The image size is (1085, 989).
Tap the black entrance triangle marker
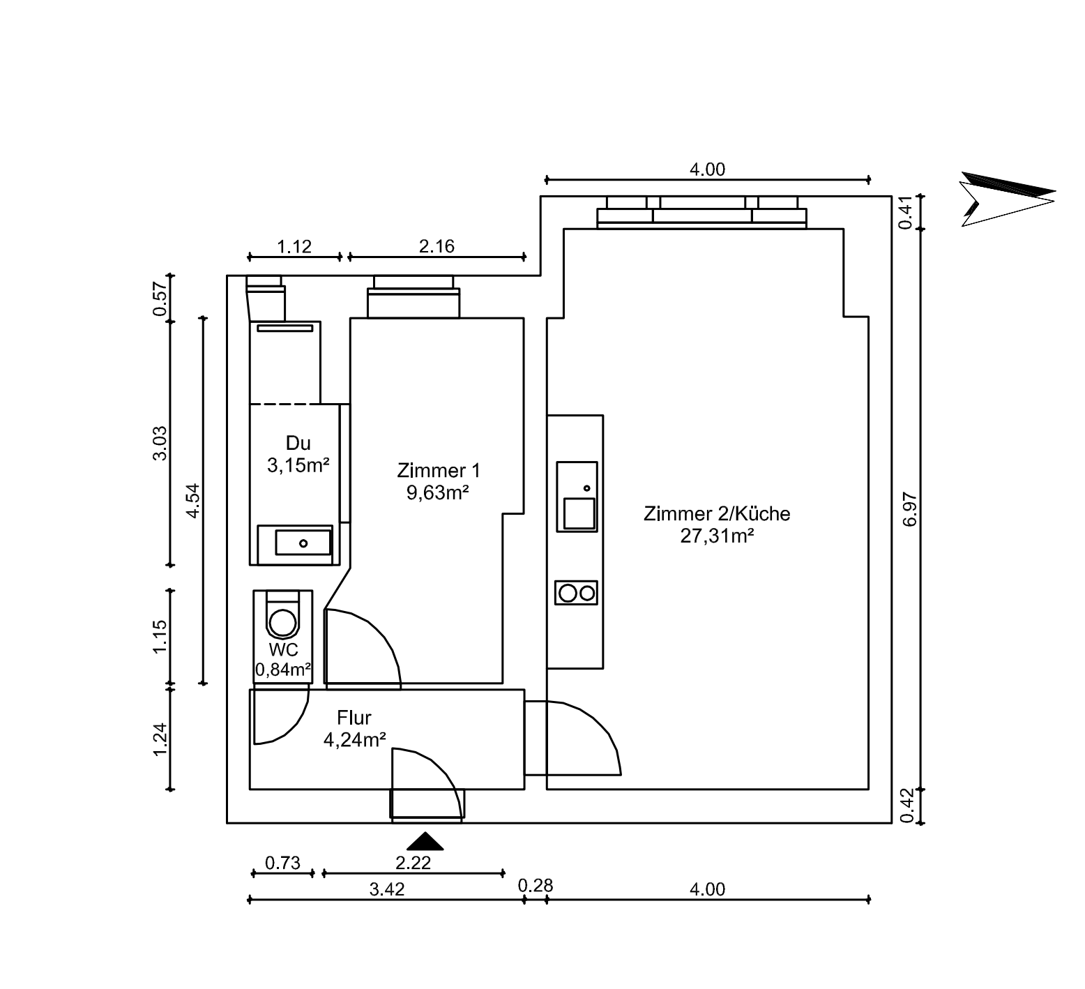pyautogui.click(x=425, y=841)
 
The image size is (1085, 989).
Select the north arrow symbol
pyautogui.click(x=1007, y=199)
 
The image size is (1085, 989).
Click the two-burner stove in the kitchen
pyautogui.click(x=577, y=593)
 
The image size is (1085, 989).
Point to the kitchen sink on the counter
pyautogui.click(x=577, y=497)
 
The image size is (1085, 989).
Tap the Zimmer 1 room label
pyautogui.click(x=438, y=470)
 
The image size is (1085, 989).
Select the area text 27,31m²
pyautogui.click(x=717, y=536)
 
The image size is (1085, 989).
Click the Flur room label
pyautogui.click(x=354, y=717)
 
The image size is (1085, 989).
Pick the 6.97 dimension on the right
pyautogui.click(x=910, y=509)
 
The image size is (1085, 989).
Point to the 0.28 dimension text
pyautogui.click(x=536, y=885)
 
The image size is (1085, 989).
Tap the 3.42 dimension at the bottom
pyautogui.click(x=387, y=889)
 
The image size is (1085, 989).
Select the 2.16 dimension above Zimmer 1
pyautogui.click(x=437, y=246)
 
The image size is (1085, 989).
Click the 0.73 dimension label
pyautogui.click(x=282, y=863)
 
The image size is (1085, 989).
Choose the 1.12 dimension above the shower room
pyautogui.click(x=294, y=246)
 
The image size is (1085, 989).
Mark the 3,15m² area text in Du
pyautogui.click(x=298, y=465)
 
